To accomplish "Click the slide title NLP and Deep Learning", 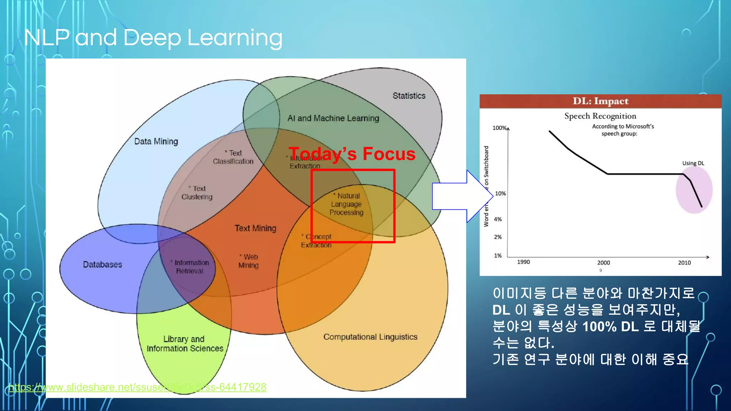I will pyautogui.click(x=153, y=37).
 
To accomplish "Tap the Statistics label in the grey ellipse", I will pyautogui.click(x=409, y=96).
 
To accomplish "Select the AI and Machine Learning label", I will pyautogui.click(x=333, y=118).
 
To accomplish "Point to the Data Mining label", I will pyautogui.click(x=156, y=141).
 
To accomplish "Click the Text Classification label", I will pyautogui.click(x=233, y=157).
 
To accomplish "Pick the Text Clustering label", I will pyautogui.click(x=197, y=193).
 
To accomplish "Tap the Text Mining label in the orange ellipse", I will pyautogui.click(x=255, y=228).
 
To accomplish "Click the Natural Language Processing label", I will pyautogui.click(x=347, y=204).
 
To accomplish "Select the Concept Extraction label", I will pyautogui.click(x=317, y=241).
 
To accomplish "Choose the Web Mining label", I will pyautogui.click(x=249, y=261).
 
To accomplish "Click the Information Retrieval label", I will pyautogui.click(x=190, y=267).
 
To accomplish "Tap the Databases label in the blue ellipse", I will pyautogui.click(x=102, y=264).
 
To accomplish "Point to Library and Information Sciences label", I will pyautogui.click(x=185, y=344).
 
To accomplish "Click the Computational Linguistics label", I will pyautogui.click(x=370, y=337).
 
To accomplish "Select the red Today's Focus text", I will pyautogui.click(x=352, y=154).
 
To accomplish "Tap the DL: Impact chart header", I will pyautogui.click(x=600, y=101).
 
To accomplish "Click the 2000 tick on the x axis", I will pyautogui.click(x=604, y=263).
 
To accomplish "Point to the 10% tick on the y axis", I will pyautogui.click(x=500, y=193).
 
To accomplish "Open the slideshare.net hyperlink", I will pyautogui.click(x=137, y=387).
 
